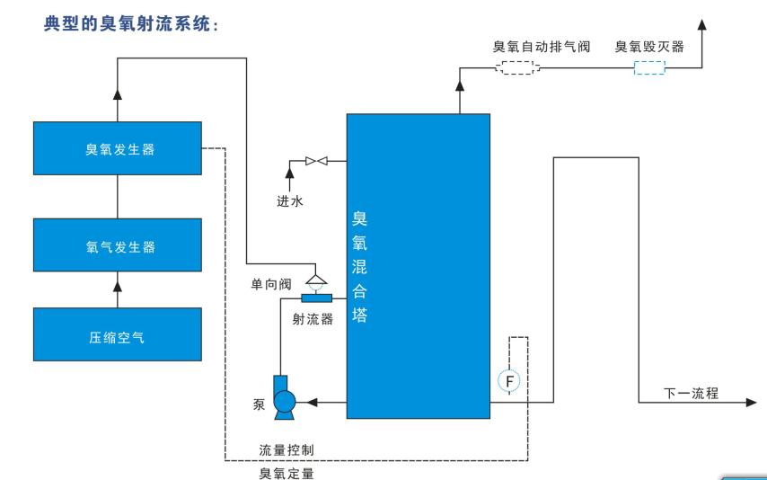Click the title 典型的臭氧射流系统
(133, 24)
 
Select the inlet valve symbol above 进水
(315, 162)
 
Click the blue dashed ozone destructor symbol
(649, 68)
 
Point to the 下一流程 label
(690, 393)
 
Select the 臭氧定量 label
(286, 472)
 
